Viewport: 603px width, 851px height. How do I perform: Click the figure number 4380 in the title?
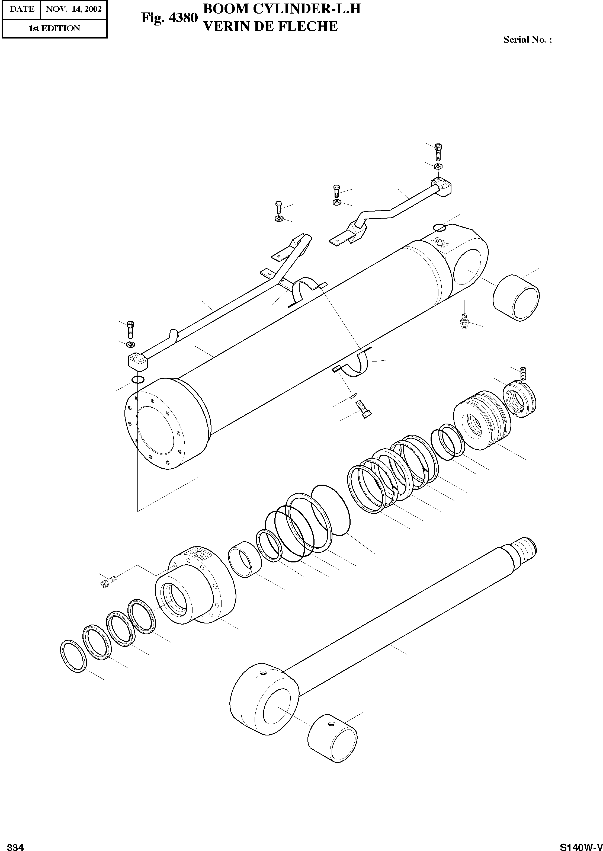coord(183,18)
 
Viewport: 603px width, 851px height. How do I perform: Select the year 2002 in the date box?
coord(93,9)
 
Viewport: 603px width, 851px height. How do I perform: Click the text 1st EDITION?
coord(54,28)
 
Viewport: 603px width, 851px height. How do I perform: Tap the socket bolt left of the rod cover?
coord(109,581)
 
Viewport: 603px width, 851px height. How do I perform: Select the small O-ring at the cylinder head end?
coord(138,379)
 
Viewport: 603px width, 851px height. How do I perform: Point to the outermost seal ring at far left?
coord(73,656)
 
